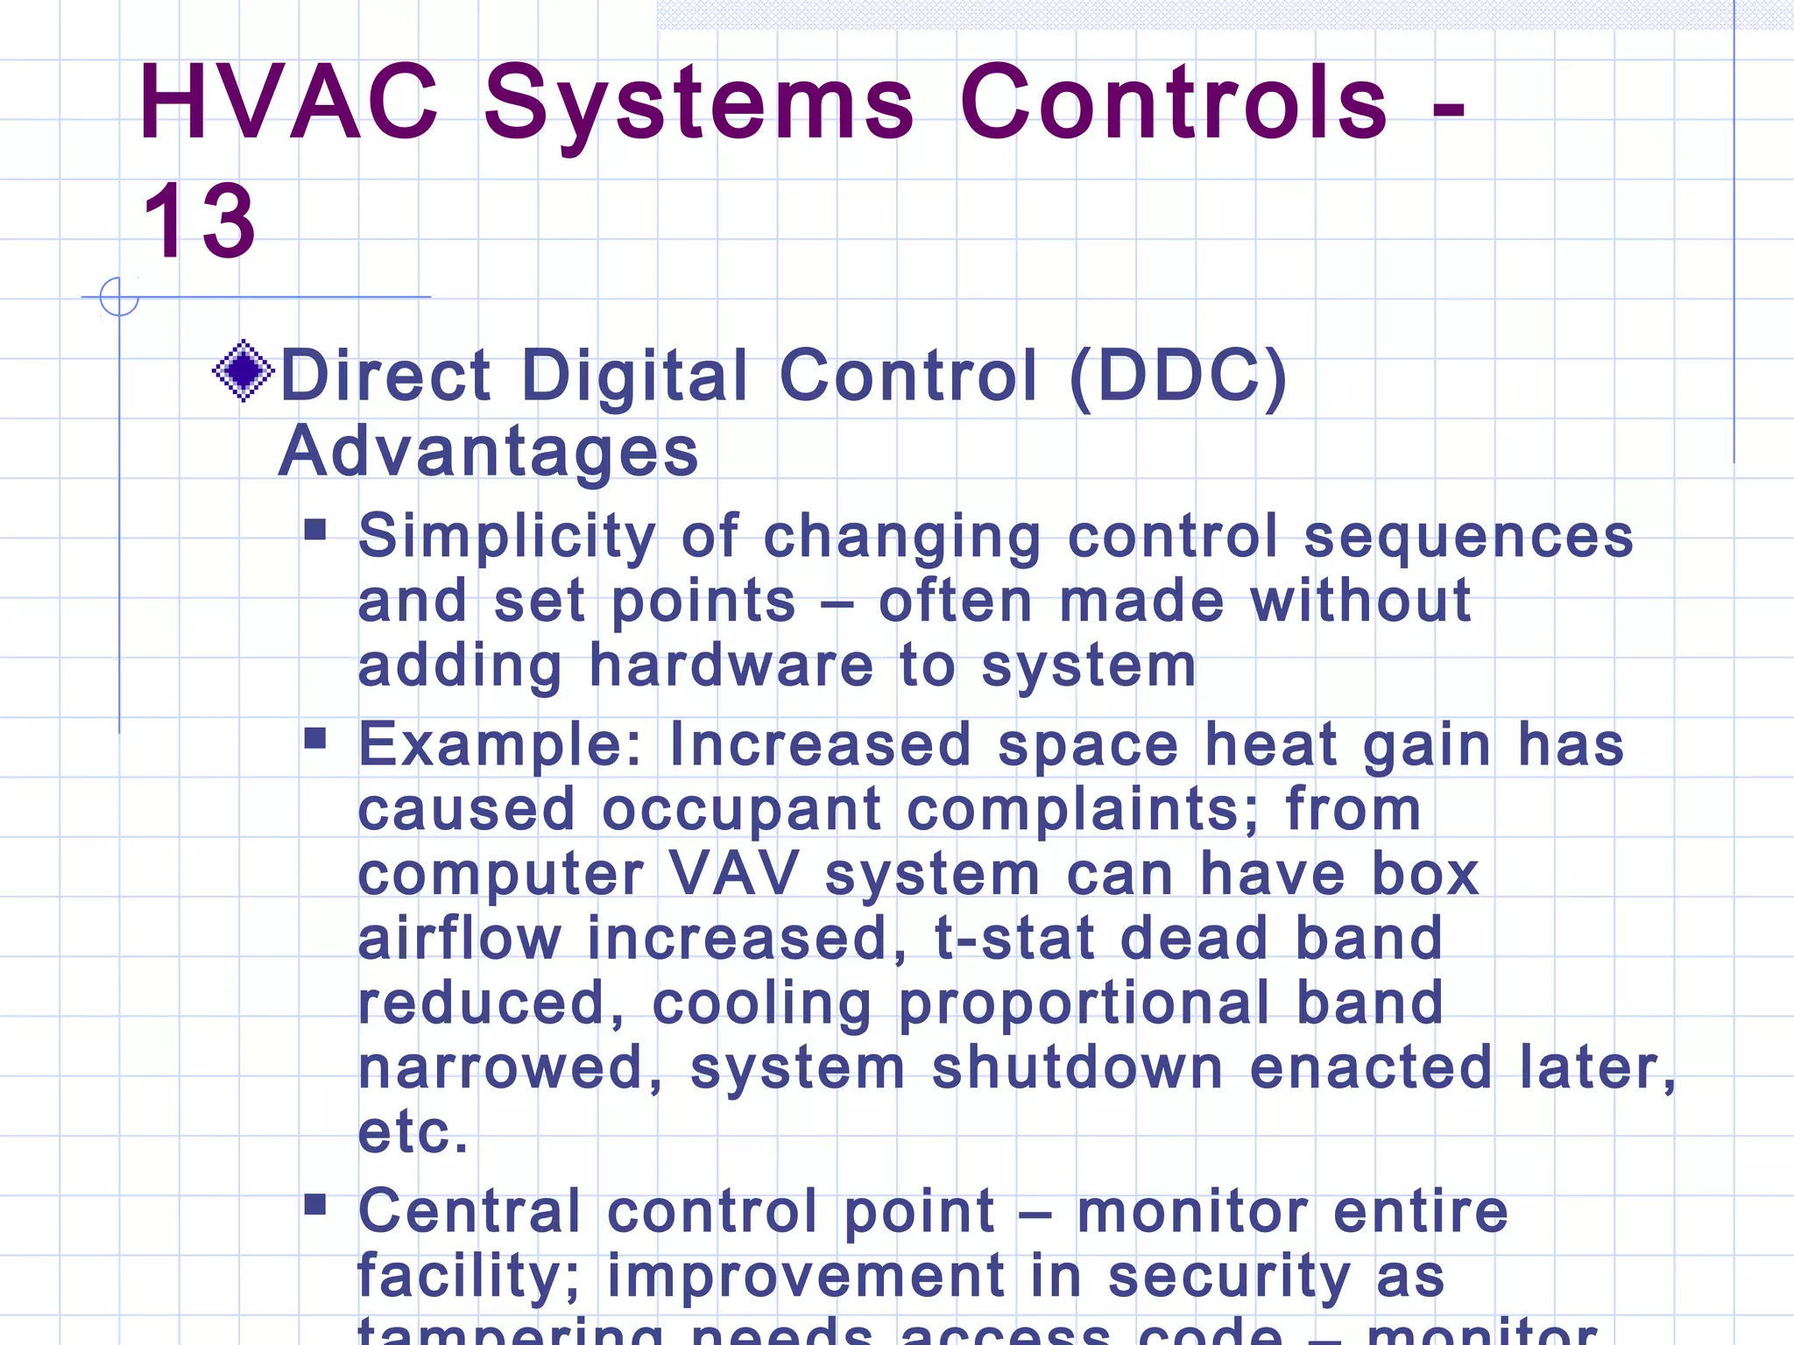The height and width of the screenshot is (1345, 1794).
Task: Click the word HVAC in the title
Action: click(x=288, y=102)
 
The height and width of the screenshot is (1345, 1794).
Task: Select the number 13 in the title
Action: click(x=200, y=222)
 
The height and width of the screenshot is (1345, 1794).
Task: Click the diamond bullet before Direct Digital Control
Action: click(x=243, y=370)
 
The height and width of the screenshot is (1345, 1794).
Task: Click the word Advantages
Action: click(x=488, y=452)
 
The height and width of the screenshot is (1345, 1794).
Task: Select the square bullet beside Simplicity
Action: click(x=315, y=530)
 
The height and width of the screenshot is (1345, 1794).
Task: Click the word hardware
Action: click(x=731, y=665)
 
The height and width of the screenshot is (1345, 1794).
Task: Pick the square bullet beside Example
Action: click(x=315, y=739)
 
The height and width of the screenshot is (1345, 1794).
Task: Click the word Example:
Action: click(x=500, y=746)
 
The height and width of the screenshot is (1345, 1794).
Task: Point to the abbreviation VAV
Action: click(x=733, y=874)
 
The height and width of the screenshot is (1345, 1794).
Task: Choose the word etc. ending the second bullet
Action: click(x=413, y=1132)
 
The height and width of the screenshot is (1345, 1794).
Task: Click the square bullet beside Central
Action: click(x=315, y=1205)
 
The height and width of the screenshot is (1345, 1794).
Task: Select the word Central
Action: click(x=470, y=1212)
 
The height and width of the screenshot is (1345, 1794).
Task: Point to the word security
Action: click(x=1229, y=1277)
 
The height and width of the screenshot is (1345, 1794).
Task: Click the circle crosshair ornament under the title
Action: click(x=119, y=297)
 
